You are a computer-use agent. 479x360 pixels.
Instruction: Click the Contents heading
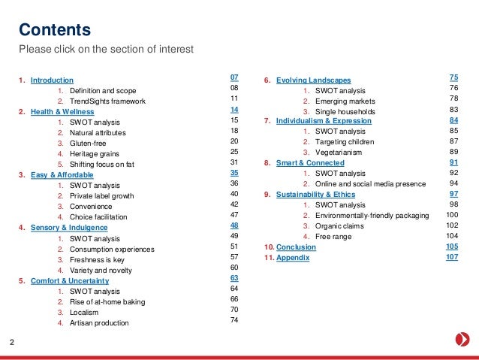tap(55, 30)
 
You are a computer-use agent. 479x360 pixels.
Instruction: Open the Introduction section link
tap(52, 80)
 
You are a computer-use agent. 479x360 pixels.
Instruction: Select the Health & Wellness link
tap(63, 111)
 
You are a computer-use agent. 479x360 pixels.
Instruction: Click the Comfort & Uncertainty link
tap(74, 280)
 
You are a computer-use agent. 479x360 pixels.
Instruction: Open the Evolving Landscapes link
tap(313, 80)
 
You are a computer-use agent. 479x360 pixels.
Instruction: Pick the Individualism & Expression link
tap(324, 121)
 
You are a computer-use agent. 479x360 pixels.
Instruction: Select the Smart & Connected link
tap(310, 163)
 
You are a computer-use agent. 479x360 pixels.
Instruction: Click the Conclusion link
tap(296, 247)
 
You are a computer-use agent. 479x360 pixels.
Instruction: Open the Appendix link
tap(293, 257)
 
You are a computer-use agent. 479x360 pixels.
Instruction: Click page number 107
tap(451, 257)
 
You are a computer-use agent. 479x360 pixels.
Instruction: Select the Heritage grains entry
tap(95, 153)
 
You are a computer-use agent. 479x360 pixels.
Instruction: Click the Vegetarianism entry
tap(339, 153)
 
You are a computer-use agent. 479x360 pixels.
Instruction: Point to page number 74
tap(234, 320)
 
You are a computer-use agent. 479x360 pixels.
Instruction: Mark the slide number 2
tap(11, 343)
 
